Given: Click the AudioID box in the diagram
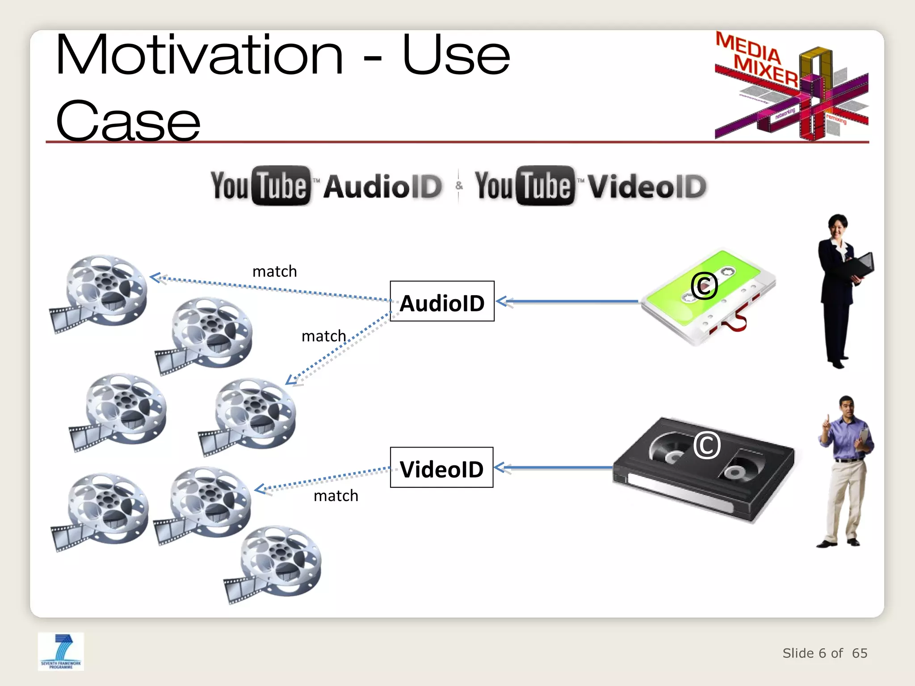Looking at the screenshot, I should click(x=442, y=301).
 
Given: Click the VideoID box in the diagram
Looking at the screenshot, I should click(x=441, y=468).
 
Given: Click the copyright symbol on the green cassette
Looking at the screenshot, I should click(x=704, y=285).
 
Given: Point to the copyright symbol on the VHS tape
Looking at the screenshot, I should click(x=707, y=445).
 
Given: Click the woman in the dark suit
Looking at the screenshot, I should click(x=843, y=290).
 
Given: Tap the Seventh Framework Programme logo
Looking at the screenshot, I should click(x=61, y=651).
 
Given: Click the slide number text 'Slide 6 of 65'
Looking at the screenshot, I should click(x=824, y=653).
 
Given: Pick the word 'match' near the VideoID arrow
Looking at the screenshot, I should click(x=336, y=496).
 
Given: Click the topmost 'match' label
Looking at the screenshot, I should click(x=274, y=272).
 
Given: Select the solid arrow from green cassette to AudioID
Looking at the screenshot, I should click(x=567, y=302).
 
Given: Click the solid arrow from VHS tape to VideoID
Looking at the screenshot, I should click(x=554, y=468).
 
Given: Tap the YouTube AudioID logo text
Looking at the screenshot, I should click(x=327, y=186).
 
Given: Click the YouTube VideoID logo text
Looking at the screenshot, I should click(x=591, y=186).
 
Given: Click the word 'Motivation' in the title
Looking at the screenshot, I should click(x=199, y=55).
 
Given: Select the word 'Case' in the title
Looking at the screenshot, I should click(x=128, y=121).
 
